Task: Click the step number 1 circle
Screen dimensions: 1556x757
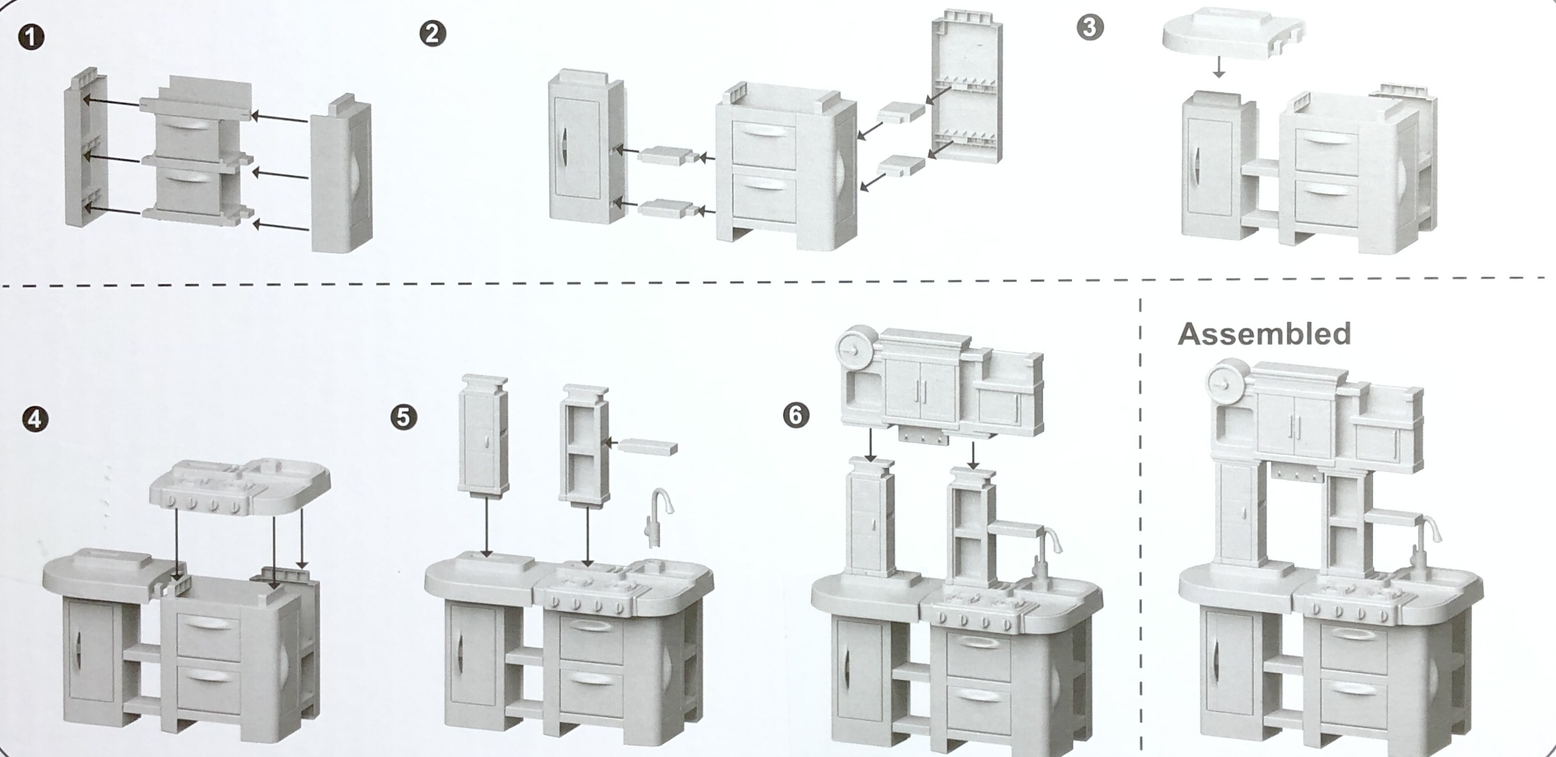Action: pyautogui.click(x=31, y=37)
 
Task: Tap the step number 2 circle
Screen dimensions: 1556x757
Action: pyautogui.click(x=433, y=33)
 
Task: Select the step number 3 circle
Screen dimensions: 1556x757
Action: pyautogui.click(x=1090, y=28)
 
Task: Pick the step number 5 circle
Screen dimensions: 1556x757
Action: pyautogui.click(x=403, y=417)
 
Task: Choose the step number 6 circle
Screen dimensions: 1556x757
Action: pyautogui.click(x=796, y=415)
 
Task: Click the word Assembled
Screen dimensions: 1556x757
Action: pyautogui.click(x=1265, y=335)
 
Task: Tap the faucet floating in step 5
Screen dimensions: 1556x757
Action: pyautogui.click(x=656, y=517)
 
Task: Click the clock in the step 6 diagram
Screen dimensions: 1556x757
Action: pyautogui.click(x=854, y=351)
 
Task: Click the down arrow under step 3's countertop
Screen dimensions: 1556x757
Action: pyautogui.click(x=1219, y=67)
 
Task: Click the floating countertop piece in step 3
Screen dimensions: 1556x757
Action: pyautogui.click(x=1232, y=33)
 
